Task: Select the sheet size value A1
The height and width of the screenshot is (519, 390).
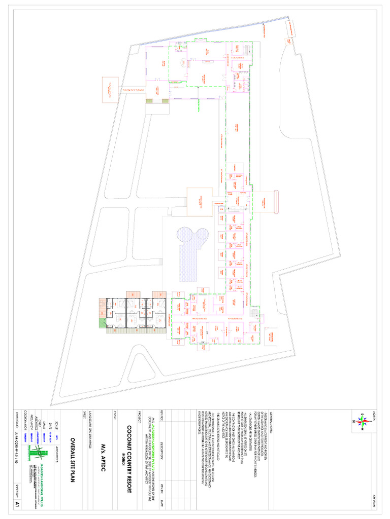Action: click(x=18, y=504)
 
